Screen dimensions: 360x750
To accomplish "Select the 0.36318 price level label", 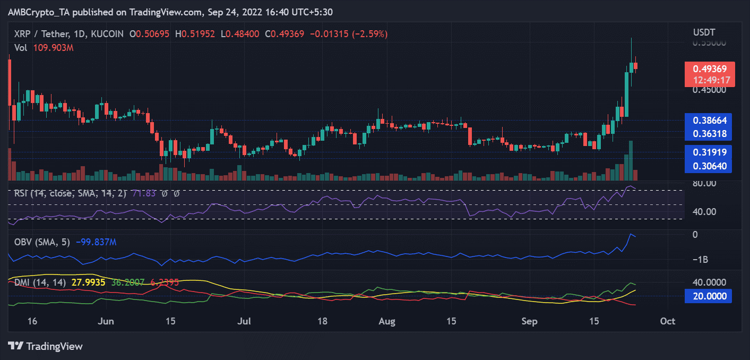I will click(x=708, y=133).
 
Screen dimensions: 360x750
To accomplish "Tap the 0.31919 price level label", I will click(x=708, y=152).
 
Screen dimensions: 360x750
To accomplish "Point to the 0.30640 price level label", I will click(x=708, y=166).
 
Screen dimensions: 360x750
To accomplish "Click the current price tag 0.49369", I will click(x=708, y=69).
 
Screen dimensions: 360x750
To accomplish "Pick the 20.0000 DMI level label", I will click(x=708, y=296).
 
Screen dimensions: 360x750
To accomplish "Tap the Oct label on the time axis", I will click(x=668, y=321).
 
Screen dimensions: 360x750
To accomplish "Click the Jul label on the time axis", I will click(x=244, y=321).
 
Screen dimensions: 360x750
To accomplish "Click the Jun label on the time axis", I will click(x=107, y=321).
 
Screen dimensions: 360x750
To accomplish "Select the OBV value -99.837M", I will click(x=96, y=242).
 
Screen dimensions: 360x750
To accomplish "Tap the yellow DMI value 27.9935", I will click(x=87, y=283).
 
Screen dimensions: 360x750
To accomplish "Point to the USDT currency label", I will click(x=704, y=32).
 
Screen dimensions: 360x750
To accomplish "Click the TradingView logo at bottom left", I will click(x=46, y=346).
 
